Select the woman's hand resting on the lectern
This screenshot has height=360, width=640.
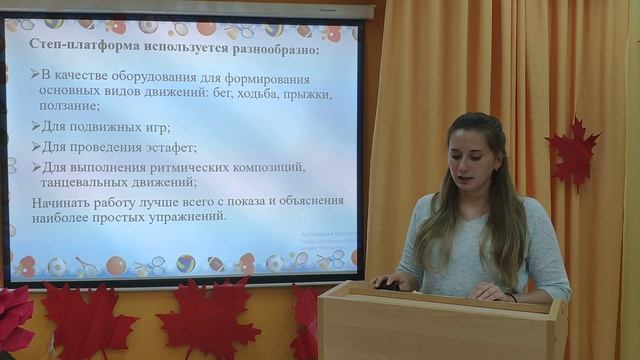pyautogui.click(x=487, y=290)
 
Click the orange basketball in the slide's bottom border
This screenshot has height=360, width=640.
pyautogui.click(x=116, y=265)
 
